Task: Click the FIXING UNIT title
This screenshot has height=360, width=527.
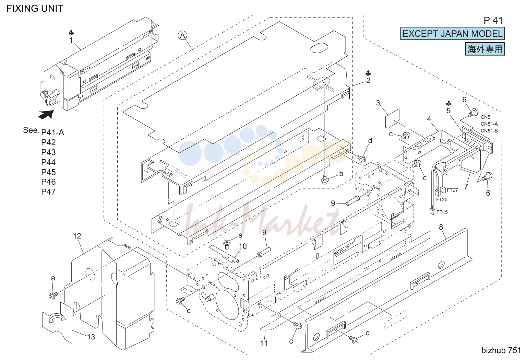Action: pyautogui.click(x=35, y=9)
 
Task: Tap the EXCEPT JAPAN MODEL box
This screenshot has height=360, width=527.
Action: pyautogui.click(x=452, y=34)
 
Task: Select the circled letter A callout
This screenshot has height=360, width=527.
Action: pyautogui.click(x=182, y=36)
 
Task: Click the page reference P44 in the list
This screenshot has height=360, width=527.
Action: pyautogui.click(x=48, y=162)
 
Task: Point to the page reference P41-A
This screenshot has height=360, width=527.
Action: pyautogui.click(x=52, y=132)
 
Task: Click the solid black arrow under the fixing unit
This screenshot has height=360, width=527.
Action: pyautogui.click(x=46, y=114)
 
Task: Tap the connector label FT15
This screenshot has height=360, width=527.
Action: pyautogui.click(x=442, y=212)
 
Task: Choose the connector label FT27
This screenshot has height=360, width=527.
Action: pyautogui.click(x=452, y=190)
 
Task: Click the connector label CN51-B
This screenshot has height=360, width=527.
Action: pyautogui.click(x=489, y=131)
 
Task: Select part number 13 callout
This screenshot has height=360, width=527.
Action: pyautogui.click(x=91, y=337)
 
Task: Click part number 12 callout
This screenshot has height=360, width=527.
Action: pyautogui.click(x=77, y=236)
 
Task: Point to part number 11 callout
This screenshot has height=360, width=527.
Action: pyautogui.click(x=264, y=343)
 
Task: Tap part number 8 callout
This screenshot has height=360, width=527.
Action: pyautogui.click(x=441, y=227)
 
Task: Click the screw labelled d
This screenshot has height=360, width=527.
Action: pyautogui.click(x=361, y=159)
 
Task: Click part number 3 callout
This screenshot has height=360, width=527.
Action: pyautogui.click(x=378, y=103)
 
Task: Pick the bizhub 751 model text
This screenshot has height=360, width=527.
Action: pyautogui.click(x=501, y=350)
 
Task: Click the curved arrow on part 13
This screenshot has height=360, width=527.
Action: pyautogui.click(x=57, y=318)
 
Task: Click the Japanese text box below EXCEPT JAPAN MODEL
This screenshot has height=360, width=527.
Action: pyautogui.click(x=485, y=49)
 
